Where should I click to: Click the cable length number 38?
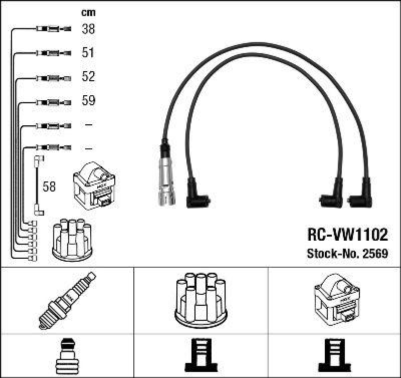(88, 29)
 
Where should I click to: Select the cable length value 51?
(88, 53)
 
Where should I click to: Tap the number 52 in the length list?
(88, 77)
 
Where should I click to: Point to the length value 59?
(88, 101)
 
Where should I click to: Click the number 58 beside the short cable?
(49, 187)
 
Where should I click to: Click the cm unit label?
(88, 13)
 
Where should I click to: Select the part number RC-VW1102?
(346, 235)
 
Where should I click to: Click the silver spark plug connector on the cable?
(166, 175)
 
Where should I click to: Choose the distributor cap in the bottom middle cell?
(200, 298)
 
